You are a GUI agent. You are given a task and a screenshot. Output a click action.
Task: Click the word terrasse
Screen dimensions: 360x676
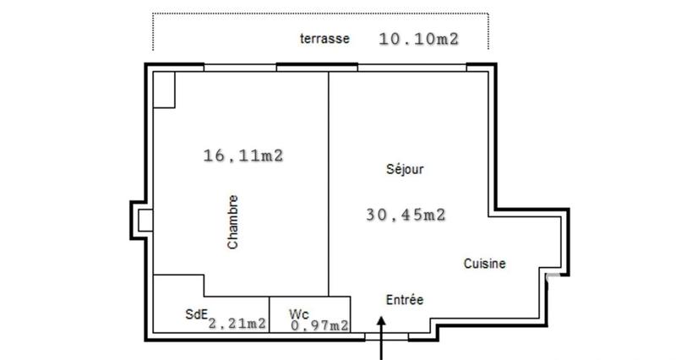325,39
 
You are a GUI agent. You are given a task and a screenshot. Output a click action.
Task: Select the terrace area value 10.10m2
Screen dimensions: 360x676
418,38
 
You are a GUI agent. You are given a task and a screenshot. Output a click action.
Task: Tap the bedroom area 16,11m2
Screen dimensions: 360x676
243,155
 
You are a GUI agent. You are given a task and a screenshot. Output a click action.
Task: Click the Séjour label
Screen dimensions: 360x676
404,169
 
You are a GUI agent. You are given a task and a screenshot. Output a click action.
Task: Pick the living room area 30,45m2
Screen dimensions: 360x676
406,215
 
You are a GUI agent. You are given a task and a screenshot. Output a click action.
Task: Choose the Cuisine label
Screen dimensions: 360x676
485,264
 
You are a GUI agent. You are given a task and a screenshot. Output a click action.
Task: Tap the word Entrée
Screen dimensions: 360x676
405,300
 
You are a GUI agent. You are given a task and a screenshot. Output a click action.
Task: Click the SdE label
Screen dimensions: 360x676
196,314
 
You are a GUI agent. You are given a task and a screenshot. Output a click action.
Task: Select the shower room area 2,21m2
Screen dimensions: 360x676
237,323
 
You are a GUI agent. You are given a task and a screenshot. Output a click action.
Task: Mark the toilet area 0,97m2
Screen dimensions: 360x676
320,325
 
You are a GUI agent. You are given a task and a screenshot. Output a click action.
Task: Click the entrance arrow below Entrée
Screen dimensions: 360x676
382,338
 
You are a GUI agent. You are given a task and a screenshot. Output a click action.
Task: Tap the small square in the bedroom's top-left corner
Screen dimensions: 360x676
164,89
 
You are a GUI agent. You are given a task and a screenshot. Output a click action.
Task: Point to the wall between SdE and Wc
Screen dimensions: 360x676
270,314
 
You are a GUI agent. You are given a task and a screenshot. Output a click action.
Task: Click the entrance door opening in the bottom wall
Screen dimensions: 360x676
386,335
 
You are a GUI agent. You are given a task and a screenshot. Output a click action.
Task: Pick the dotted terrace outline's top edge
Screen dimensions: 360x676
321,14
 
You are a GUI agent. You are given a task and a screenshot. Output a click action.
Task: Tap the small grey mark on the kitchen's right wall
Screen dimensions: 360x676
550,276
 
